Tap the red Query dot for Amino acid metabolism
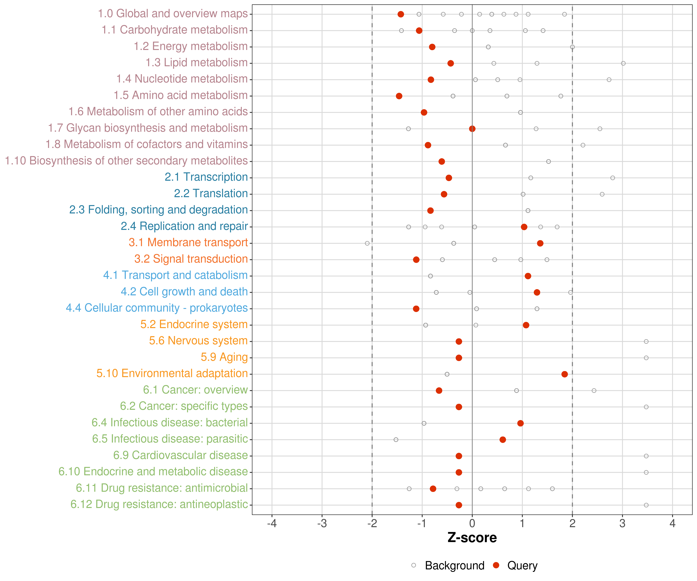click(399, 96)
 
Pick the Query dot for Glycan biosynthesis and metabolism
click(472, 129)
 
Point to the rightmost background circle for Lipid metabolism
click(623, 63)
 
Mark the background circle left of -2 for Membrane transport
click(367, 243)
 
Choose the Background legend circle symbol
click(414, 565)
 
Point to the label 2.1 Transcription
click(206, 177)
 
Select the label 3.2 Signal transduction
click(191, 259)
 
